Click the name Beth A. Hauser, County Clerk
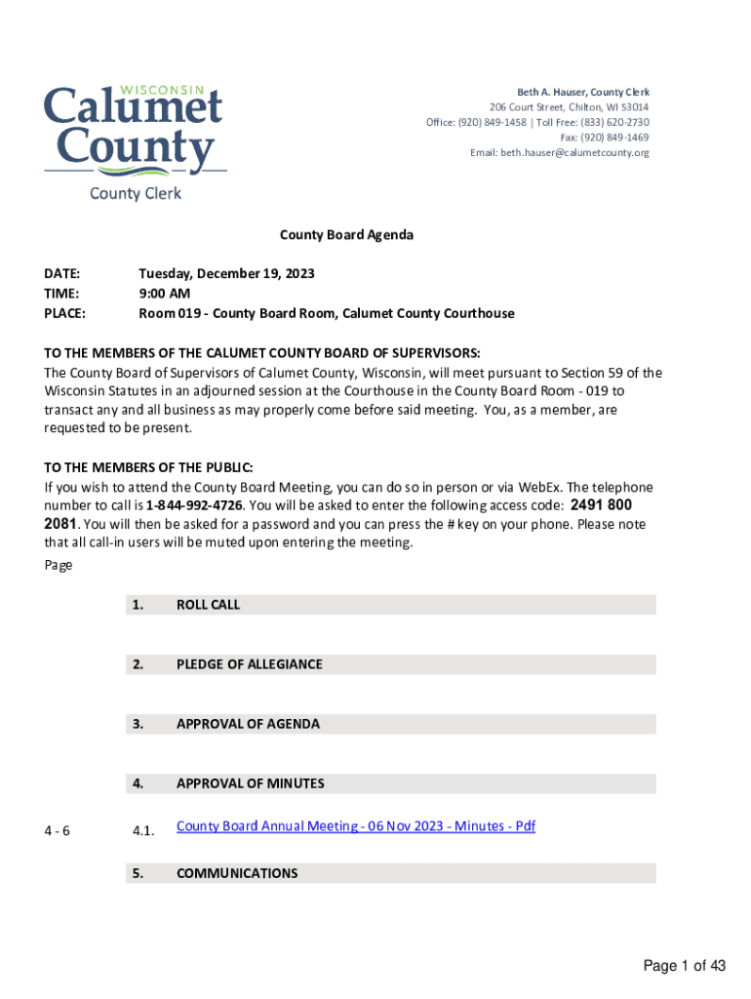click(583, 92)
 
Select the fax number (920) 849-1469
click(618, 138)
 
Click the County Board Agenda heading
click(346, 235)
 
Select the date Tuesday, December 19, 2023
click(226, 274)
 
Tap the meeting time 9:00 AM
click(164, 294)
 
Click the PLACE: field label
click(64, 313)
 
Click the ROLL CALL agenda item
click(208, 605)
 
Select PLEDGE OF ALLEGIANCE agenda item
click(249, 664)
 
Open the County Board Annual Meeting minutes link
click(356, 826)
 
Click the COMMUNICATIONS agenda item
click(237, 873)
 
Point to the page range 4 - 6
click(57, 831)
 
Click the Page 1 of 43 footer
click(684, 966)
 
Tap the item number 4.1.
click(143, 831)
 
